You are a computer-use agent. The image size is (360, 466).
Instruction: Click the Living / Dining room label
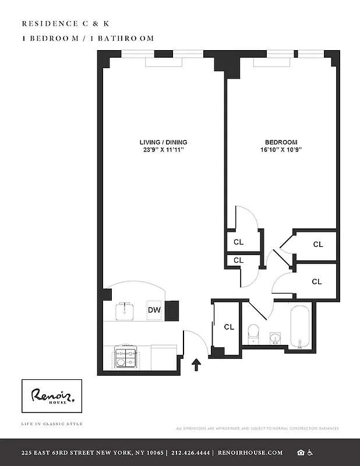coord(163,142)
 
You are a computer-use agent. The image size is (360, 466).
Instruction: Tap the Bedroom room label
coord(281,142)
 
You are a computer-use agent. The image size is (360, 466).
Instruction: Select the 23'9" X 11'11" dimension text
coord(163,150)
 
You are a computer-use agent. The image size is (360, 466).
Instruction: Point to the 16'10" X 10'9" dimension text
coord(281,150)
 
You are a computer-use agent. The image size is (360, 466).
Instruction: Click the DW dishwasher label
coord(154,310)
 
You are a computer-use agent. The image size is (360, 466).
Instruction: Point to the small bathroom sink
coord(276,337)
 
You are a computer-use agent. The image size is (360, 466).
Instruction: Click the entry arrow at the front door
coord(196,365)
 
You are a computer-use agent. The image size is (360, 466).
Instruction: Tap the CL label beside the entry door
coord(229,327)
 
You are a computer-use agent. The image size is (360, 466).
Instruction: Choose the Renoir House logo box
coord(52,397)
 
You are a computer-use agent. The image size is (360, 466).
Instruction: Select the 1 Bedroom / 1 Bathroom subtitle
coord(87,38)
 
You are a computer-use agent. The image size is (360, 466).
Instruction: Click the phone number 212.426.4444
coord(190,453)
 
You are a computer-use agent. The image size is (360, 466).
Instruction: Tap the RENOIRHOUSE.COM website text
coord(251,453)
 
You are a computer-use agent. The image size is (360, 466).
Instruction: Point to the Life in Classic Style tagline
coord(51,423)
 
